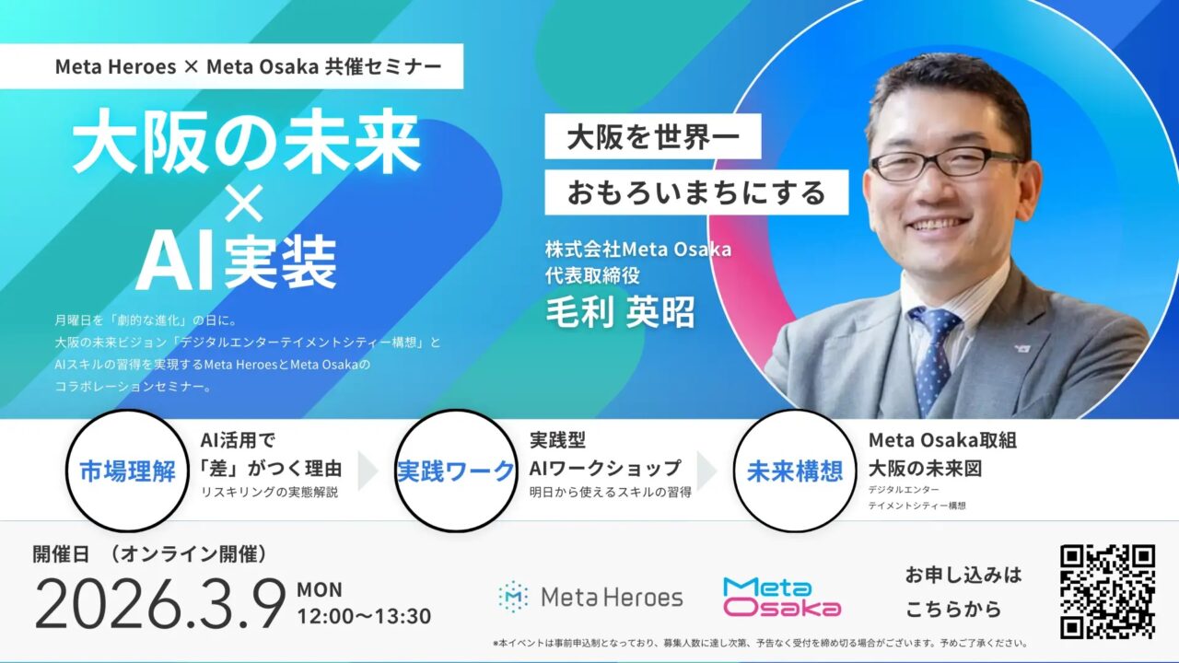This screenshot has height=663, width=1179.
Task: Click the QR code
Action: point(1107,591)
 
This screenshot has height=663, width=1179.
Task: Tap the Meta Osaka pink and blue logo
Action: point(781,597)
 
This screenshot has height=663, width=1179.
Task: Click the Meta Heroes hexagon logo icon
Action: point(512,597)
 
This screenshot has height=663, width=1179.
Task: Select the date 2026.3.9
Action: point(160,604)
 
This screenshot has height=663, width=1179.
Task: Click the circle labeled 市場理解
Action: point(128,471)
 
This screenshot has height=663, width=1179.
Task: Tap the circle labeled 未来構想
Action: point(794,471)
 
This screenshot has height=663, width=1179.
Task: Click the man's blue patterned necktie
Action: point(933,350)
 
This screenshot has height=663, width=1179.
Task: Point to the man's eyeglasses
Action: point(945,163)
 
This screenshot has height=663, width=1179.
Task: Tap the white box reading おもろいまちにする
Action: point(695,192)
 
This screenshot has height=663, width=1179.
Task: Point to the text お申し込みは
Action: point(963,576)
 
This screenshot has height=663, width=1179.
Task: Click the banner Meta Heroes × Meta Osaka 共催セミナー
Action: point(231,67)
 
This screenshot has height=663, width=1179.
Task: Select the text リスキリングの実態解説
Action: point(269,492)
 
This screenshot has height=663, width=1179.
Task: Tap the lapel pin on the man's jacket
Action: point(1023,348)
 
